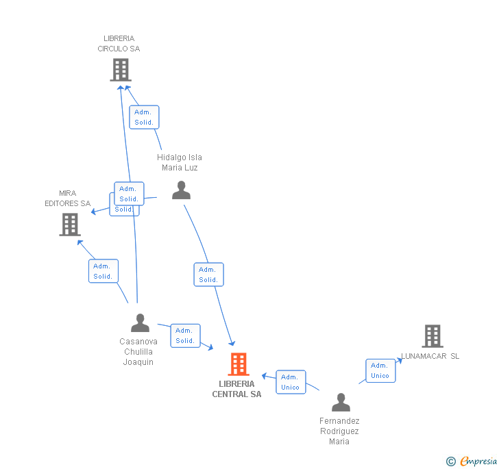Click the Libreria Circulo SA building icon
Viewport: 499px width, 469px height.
point(121,69)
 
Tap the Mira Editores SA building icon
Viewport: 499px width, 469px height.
point(69,224)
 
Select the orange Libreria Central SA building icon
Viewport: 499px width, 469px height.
point(238,364)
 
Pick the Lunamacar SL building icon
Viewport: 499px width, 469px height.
point(432,336)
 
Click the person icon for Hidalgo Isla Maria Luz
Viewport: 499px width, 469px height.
point(181,190)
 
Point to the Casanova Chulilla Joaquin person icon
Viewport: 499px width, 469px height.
point(140,322)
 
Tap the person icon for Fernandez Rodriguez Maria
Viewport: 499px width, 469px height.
point(340,402)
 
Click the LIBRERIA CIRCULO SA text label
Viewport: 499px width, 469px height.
point(119,44)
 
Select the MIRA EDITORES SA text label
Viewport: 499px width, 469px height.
point(68,199)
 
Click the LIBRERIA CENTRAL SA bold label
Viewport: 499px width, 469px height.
point(236,389)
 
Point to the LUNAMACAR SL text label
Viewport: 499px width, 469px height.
point(430,356)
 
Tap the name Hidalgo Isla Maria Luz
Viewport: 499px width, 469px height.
point(180,162)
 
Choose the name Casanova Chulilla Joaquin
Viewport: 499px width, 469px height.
point(138,352)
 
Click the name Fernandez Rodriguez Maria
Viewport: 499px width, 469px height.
point(339,431)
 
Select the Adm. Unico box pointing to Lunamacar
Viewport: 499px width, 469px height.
point(380,370)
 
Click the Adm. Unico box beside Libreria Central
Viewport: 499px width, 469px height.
point(291,382)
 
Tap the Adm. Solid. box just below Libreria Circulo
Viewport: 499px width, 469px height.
point(144,117)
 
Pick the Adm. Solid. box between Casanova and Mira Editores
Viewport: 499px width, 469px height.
point(104,271)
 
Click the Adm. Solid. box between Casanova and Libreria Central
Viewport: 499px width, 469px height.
point(185,335)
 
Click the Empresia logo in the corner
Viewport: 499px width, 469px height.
point(472,461)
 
